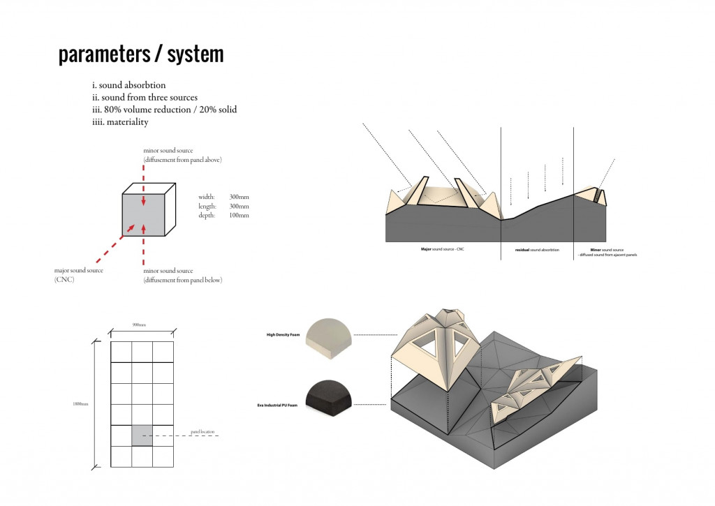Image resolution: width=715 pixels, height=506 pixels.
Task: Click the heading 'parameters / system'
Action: tap(141, 54)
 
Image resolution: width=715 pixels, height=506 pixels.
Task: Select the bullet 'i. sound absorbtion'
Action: tap(128, 86)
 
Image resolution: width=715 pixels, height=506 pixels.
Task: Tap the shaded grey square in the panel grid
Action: tap(142, 435)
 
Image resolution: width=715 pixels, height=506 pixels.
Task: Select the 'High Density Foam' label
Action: tap(282, 335)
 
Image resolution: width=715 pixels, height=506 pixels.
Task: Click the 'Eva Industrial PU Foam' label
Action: tap(278, 405)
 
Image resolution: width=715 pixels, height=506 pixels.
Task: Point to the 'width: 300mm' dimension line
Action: tap(223, 198)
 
